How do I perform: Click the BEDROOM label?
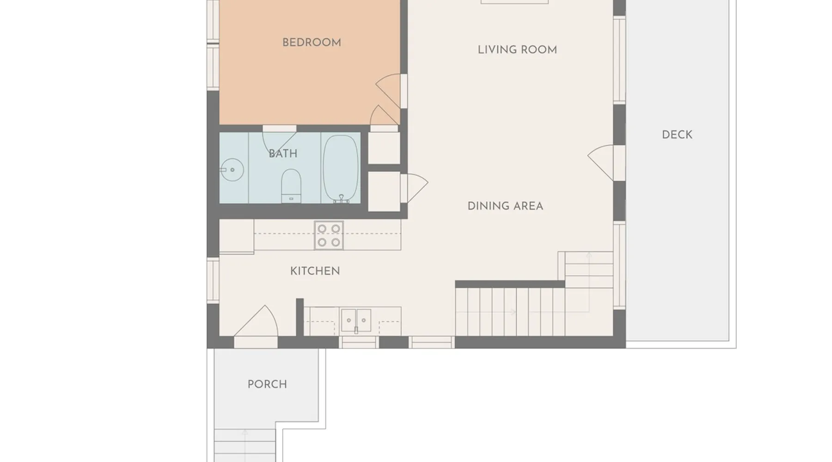coord(312,43)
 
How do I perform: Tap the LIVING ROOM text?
coord(517,50)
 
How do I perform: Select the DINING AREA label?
coord(505,206)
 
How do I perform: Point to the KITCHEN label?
coord(315,271)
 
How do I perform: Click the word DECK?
coord(677,135)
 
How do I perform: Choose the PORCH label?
coord(267,384)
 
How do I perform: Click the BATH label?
coord(283,154)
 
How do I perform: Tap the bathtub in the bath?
coord(341,169)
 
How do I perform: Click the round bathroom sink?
coord(232,170)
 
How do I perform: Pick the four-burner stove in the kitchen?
coord(329,236)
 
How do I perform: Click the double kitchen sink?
coord(356,320)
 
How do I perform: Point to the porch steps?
coord(245,445)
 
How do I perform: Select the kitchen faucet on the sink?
coord(356,330)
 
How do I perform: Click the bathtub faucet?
coord(342,199)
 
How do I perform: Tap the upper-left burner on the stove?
coord(322,229)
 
